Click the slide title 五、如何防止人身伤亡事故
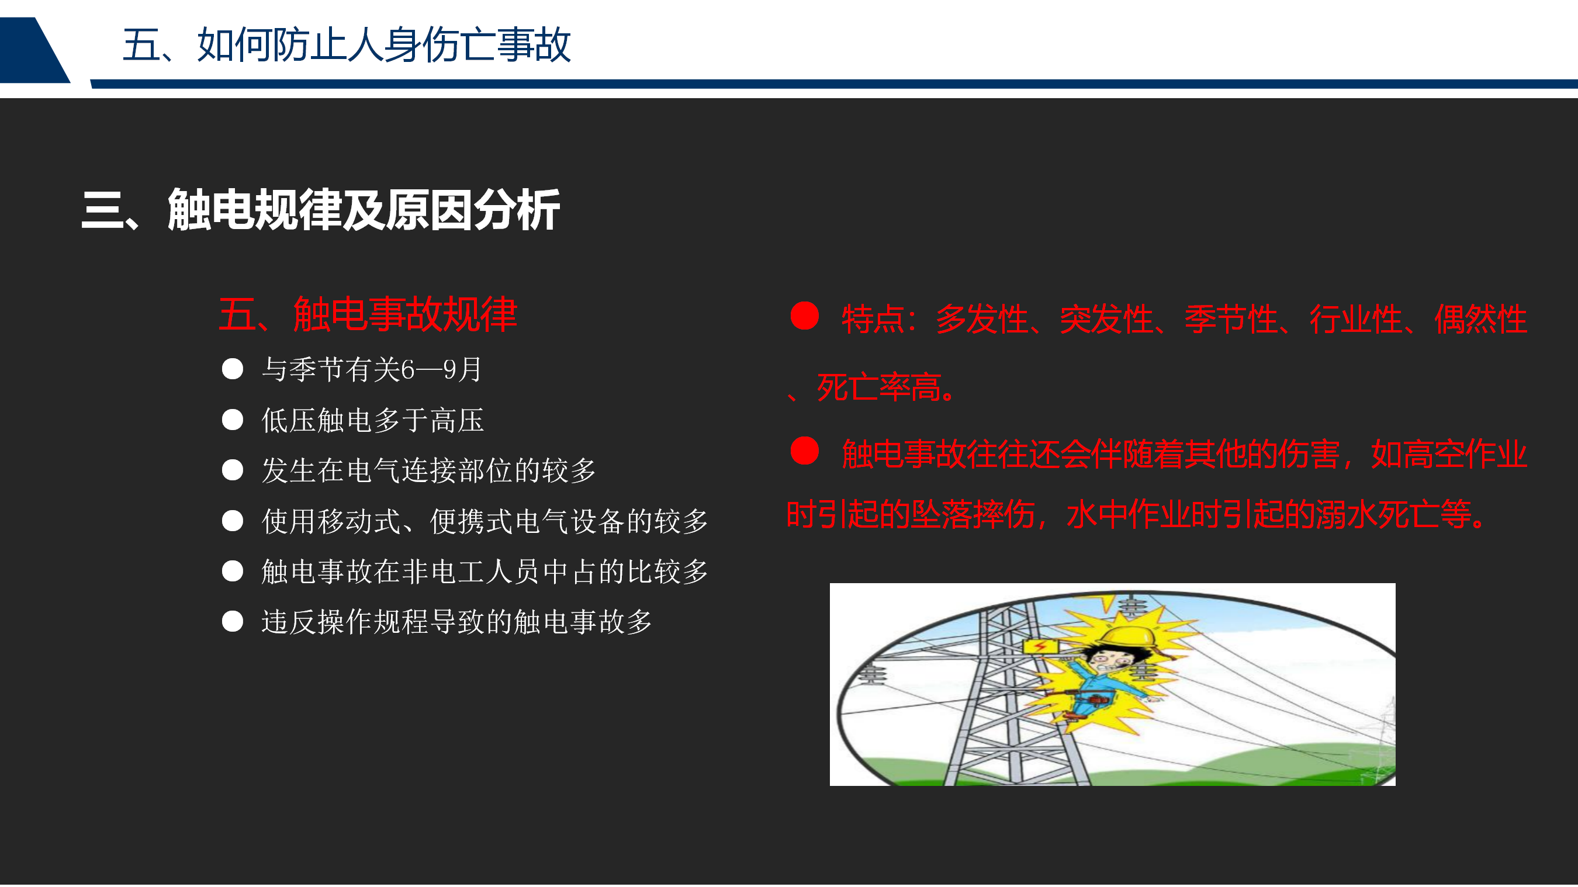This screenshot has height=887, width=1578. tap(347, 45)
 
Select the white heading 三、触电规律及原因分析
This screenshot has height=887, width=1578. tap(320, 210)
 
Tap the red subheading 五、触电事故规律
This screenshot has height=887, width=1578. tap(368, 315)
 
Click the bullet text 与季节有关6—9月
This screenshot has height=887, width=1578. tap(372, 369)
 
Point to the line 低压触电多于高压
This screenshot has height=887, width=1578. tap(373, 420)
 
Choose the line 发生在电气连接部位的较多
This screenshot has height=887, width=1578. tap(429, 470)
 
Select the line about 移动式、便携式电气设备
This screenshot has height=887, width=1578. tap(485, 521)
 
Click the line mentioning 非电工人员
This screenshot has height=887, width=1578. tap(485, 571)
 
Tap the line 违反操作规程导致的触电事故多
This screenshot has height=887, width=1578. tap(457, 622)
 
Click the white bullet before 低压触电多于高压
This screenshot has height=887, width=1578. tap(233, 420)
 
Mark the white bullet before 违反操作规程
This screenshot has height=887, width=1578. tap(233, 622)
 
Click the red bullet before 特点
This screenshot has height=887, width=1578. tap(804, 316)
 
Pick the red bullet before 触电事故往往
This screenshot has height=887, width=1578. tap(804, 451)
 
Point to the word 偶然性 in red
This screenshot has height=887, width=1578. tap(1480, 319)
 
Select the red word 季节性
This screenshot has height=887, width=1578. tap(1231, 319)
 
